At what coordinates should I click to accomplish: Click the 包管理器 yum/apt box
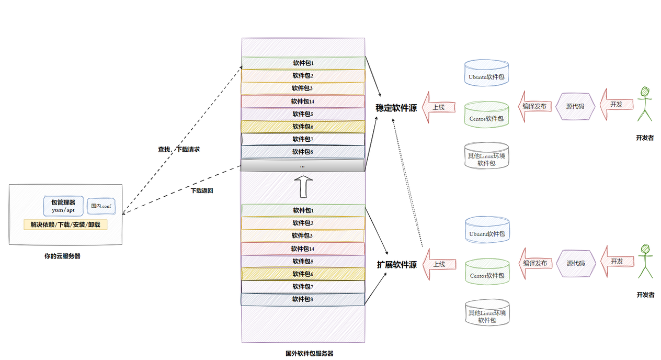tap(63, 206)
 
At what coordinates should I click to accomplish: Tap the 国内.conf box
tap(101, 206)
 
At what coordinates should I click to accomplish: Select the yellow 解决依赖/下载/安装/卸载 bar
tap(65, 224)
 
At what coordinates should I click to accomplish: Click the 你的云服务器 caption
tap(62, 256)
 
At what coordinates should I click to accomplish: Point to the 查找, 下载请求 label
tap(179, 150)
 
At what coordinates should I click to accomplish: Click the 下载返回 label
tap(202, 190)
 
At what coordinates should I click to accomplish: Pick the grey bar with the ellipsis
tap(302, 166)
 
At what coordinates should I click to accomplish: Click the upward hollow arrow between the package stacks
tap(303, 187)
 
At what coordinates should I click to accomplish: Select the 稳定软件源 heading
tap(396, 108)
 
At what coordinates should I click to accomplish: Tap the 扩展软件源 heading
tap(396, 265)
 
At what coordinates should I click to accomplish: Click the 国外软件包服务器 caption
tap(309, 353)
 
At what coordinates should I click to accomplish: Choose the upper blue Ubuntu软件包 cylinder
tap(486, 73)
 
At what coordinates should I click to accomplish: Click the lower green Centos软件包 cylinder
tap(487, 272)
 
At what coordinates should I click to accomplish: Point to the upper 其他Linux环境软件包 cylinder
tap(487, 155)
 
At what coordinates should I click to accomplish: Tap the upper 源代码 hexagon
tap(575, 106)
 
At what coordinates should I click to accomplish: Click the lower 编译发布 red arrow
tap(535, 263)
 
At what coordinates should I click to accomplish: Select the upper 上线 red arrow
tap(439, 107)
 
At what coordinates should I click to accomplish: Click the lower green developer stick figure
tap(645, 261)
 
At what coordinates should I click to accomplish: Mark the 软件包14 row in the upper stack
tap(303, 102)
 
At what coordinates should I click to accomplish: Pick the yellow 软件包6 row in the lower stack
tap(303, 274)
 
